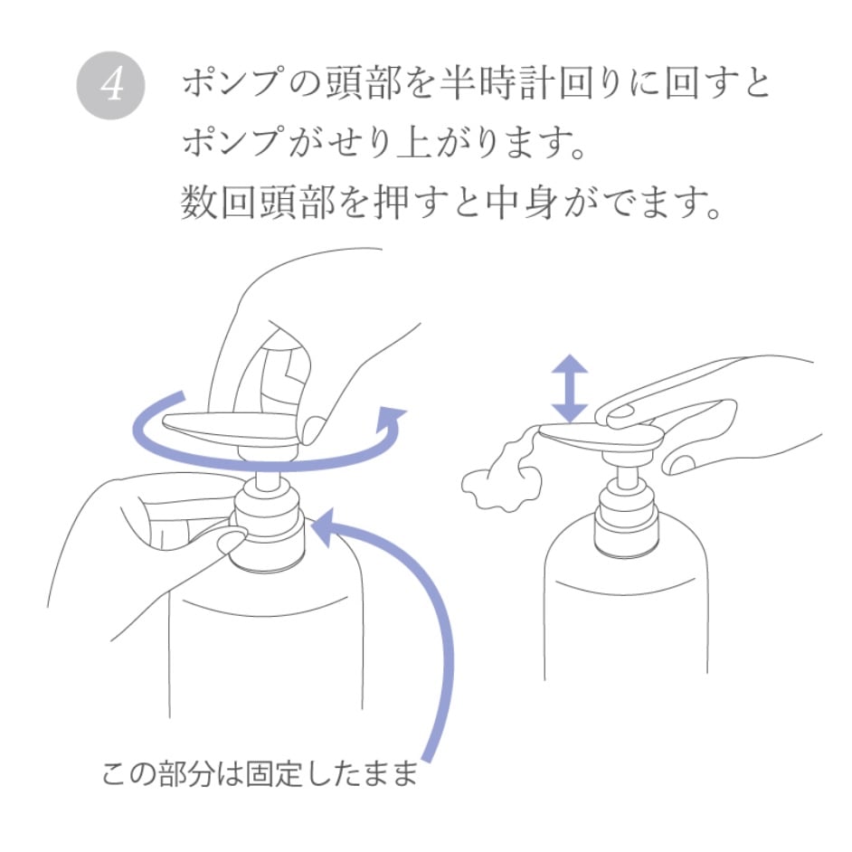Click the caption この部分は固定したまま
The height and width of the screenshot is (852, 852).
(x=260, y=774)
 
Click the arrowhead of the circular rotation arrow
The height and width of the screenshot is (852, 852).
(x=392, y=421)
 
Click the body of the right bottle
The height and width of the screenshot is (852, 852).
(x=625, y=615)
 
